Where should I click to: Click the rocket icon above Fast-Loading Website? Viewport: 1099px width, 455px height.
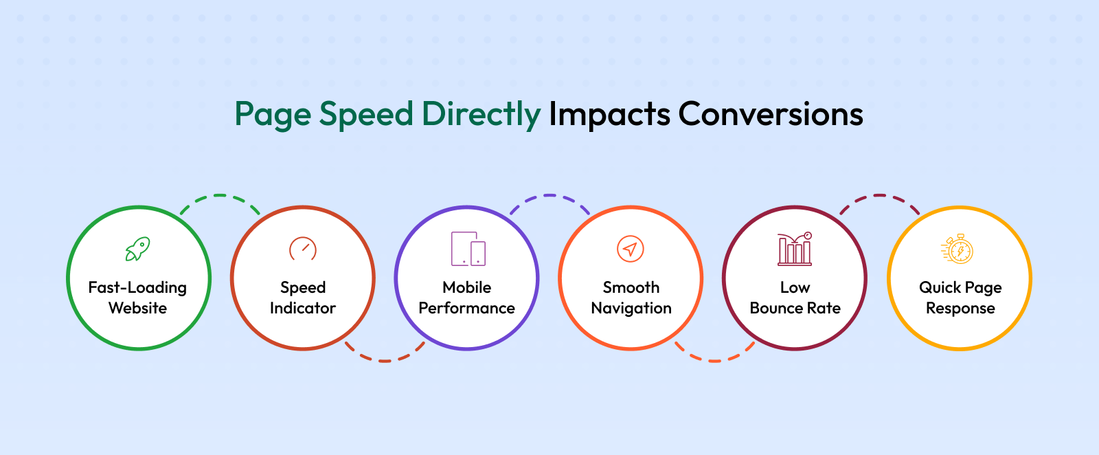click(x=138, y=249)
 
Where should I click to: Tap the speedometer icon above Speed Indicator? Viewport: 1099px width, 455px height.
click(x=303, y=248)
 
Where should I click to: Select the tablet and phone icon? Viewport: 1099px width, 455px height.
click(x=468, y=249)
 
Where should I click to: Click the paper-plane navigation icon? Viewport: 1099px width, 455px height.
click(x=631, y=249)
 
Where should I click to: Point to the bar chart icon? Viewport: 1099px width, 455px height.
click(x=795, y=249)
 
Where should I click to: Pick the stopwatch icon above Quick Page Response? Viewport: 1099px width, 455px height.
click(x=958, y=249)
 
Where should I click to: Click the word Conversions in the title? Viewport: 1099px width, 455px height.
click(x=770, y=114)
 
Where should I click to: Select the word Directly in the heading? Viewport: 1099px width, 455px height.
click(x=481, y=115)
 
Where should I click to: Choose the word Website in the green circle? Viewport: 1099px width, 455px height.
click(x=138, y=308)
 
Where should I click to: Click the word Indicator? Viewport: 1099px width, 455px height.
click(x=303, y=308)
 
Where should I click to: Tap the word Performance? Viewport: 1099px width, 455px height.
click(x=466, y=308)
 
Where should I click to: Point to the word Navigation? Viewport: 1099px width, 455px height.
click(x=631, y=308)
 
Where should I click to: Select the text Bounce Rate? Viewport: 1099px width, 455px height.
click(x=795, y=308)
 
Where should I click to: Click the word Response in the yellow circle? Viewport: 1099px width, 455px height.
click(x=960, y=309)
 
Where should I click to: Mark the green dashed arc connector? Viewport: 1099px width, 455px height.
click(x=220, y=195)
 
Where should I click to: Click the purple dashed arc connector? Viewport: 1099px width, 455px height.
click(x=549, y=195)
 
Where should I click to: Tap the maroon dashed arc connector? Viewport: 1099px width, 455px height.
click(x=879, y=195)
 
